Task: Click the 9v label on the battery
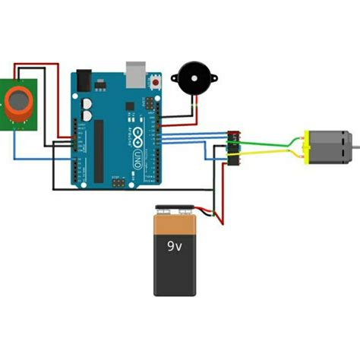point(175,245)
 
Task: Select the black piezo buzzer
point(192,77)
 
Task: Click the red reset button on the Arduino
point(156,80)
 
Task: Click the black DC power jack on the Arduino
point(83,77)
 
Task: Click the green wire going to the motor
point(262,141)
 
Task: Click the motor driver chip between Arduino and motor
point(233,147)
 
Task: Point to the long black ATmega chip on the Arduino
point(98,148)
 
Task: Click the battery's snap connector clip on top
point(175,209)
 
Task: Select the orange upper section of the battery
point(175,225)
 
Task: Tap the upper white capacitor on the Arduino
point(87,102)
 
